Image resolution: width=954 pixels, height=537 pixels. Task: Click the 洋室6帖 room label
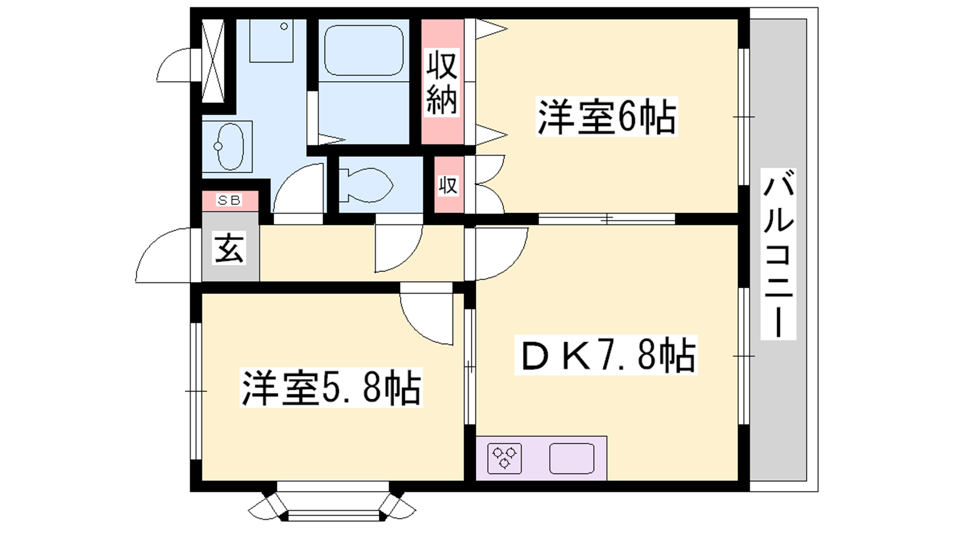pyautogui.click(x=607, y=117)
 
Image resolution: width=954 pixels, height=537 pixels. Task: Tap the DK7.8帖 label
pyautogui.click(x=606, y=355)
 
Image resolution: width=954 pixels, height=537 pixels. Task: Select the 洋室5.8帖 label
pyautogui.click(x=331, y=388)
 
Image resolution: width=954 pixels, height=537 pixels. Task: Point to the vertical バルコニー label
pyautogui.click(x=778, y=254)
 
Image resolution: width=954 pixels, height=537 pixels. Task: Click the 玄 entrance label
pyautogui.click(x=230, y=248)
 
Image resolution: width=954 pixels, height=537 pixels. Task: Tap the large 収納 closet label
pyautogui.click(x=442, y=83)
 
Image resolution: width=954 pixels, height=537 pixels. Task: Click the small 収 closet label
pyautogui.click(x=448, y=186)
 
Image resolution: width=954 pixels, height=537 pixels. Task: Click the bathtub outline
pyautogui.click(x=364, y=50)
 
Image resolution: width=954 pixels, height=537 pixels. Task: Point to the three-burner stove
pyautogui.click(x=504, y=459)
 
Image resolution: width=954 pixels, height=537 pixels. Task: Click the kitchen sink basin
pyautogui.click(x=572, y=459)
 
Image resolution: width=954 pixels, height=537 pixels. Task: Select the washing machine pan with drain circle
pyautogui.click(x=271, y=41)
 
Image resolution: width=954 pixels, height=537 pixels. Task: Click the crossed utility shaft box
pyautogui.click(x=212, y=60)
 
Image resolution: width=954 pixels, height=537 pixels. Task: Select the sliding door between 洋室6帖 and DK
pyautogui.click(x=606, y=219)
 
